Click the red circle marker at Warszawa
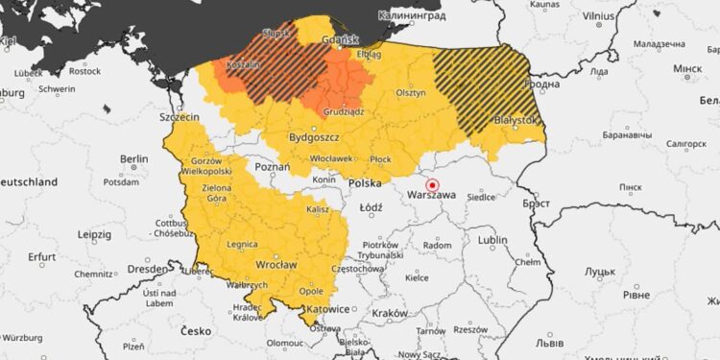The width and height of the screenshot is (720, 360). pyautogui.click(x=432, y=184)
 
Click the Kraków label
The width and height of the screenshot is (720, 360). pyautogui.click(x=390, y=313)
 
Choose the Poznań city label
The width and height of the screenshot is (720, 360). pyautogui.click(x=274, y=166)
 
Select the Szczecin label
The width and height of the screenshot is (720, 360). pyautogui.click(x=179, y=116)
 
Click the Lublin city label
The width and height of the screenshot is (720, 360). pyautogui.click(x=493, y=239)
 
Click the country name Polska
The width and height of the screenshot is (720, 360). pyautogui.click(x=364, y=182)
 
